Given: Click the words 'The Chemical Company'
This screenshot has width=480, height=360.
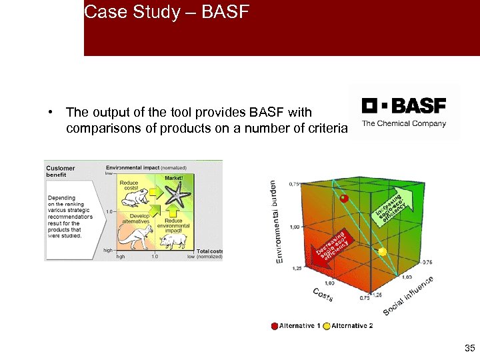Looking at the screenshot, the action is (404, 123).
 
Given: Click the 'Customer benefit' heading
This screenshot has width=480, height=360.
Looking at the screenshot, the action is (61, 171).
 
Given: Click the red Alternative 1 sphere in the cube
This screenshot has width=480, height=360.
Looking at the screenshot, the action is (345, 198).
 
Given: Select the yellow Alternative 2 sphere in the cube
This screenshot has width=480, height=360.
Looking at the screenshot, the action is (383, 252).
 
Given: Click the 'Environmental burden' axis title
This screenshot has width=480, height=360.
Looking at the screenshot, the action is (275, 221).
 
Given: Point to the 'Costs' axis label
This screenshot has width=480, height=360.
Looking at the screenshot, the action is (323, 295).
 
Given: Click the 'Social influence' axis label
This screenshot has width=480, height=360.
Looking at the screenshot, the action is (409, 297).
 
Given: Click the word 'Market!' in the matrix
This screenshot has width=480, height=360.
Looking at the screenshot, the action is (173, 178).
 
